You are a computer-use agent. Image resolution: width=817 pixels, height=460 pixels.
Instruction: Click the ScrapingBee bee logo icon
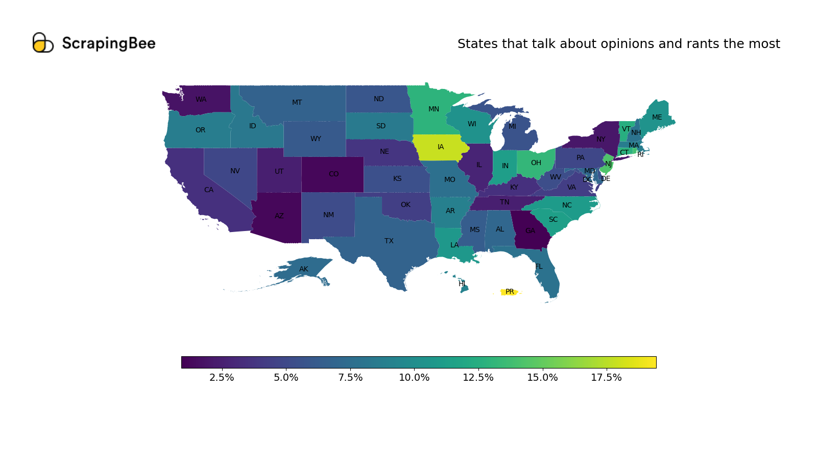click(x=43, y=43)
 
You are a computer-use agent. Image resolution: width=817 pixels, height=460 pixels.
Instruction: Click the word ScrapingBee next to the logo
click(x=109, y=43)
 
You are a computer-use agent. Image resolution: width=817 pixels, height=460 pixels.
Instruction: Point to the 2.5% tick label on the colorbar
click(x=222, y=378)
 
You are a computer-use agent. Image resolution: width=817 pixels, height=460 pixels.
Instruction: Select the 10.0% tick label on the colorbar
click(x=414, y=378)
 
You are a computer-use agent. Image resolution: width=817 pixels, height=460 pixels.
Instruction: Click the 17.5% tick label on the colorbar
click(x=606, y=378)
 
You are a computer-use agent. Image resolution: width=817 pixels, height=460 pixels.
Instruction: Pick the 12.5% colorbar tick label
click(x=478, y=378)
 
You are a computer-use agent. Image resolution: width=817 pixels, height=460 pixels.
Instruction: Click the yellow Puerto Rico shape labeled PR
click(x=510, y=292)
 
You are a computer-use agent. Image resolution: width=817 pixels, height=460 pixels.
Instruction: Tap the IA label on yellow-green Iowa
click(x=441, y=147)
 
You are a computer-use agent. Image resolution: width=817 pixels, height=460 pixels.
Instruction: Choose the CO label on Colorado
click(x=333, y=174)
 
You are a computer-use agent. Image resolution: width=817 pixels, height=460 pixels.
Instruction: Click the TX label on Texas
click(x=389, y=241)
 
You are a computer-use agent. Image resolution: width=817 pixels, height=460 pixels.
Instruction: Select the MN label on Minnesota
click(x=434, y=109)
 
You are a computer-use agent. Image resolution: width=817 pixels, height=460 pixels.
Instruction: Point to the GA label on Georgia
click(x=531, y=231)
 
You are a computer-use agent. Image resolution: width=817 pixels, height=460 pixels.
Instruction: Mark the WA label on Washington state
click(x=201, y=100)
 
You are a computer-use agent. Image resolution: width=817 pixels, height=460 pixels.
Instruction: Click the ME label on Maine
click(x=657, y=118)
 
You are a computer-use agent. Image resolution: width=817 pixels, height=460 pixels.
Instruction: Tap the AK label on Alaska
click(x=304, y=269)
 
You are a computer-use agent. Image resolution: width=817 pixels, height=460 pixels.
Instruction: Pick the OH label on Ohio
click(x=536, y=163)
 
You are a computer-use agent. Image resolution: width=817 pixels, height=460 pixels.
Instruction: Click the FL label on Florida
click(x=539, y=267)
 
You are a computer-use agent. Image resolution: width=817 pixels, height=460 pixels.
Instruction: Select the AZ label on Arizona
click(x=279, y=216)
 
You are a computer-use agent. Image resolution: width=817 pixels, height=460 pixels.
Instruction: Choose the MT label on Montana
click(x=297, y=103)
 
